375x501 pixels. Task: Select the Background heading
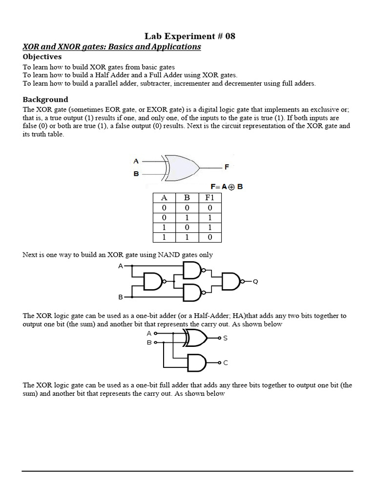45,99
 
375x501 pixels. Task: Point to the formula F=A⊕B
226,186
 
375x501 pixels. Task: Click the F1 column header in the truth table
210,198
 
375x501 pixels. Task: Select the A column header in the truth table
164,198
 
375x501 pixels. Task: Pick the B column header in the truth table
187,198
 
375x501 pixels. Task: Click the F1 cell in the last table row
210,237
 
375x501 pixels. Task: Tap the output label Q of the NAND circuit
255,282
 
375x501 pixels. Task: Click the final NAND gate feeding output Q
231,281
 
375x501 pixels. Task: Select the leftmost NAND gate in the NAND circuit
153,281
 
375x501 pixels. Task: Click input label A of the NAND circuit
121,266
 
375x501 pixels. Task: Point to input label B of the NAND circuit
121,297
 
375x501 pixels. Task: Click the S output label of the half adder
225,338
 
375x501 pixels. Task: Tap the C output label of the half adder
225,363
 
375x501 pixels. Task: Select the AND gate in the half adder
197,363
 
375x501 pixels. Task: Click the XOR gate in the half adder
195,338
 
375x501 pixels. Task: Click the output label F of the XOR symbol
226,167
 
